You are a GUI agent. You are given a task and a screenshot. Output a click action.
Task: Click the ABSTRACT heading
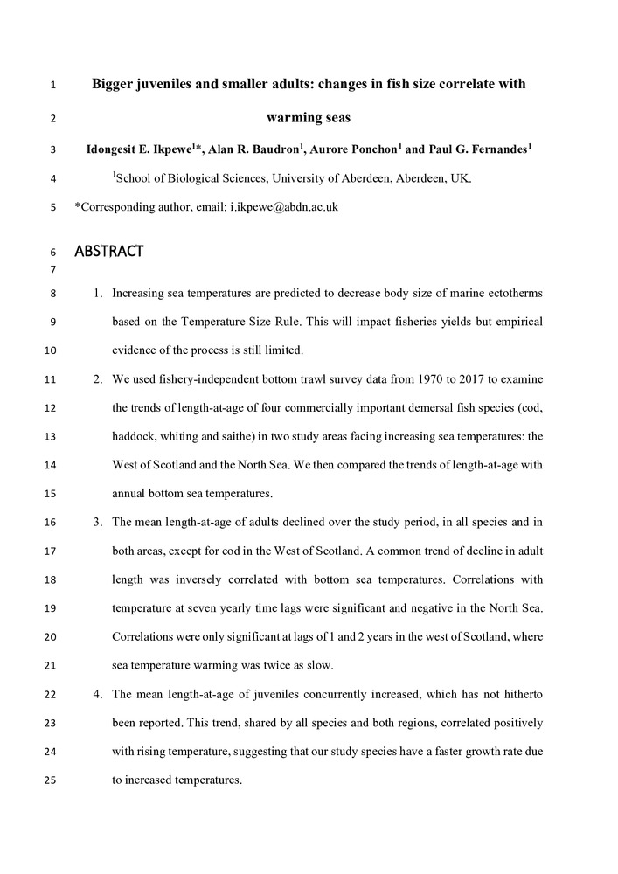(x=108, y=253)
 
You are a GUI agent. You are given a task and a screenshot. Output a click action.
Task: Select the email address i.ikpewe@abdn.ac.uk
(x=284, y=207)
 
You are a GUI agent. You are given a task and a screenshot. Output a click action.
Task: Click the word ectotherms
(x=511, y=294)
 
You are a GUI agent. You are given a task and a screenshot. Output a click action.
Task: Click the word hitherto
(x=520, y=694)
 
